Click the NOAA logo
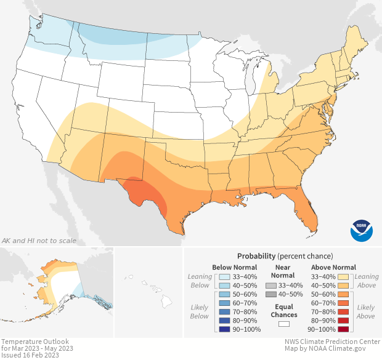coord(362,229)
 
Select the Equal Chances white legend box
coord(284,323)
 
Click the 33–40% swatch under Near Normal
coord(271,286)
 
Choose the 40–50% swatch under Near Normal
coord(271,295)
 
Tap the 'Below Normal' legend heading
coord(234,267)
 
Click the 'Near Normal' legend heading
coord(284,271)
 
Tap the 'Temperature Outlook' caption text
coord(35,342)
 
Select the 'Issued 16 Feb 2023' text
coord(31,355)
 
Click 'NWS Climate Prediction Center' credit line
coord(332,342)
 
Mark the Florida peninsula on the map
coord(311,212)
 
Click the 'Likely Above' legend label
coord(366,311)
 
